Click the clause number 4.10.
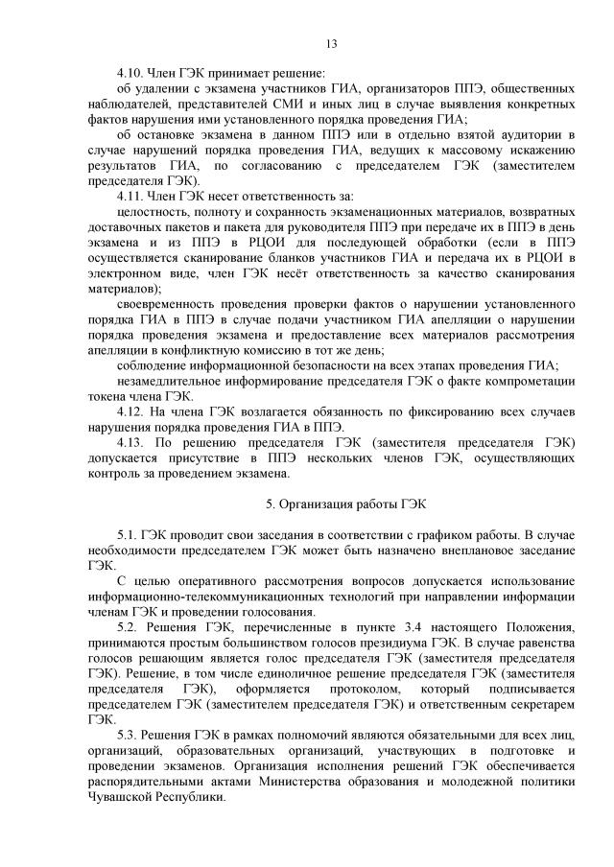[130, 73]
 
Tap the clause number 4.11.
[130, 196]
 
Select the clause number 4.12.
[130, 411]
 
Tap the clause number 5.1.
[125, 534]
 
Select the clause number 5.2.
[125, 626]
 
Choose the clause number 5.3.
[125, 734]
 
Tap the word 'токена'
[107, 395]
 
